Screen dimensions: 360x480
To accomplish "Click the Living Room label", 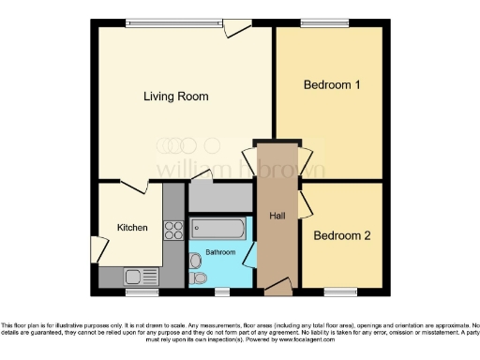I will pyautogui.click(x=175, y=97).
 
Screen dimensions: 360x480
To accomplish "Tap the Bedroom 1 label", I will pyautogui.click(x=332, y=85).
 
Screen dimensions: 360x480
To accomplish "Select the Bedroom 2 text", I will pyautogui.click(x=341, y=235).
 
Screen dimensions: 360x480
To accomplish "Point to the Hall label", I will pyautogui.click(x=277, y=216).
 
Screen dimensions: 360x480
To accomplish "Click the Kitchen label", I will pyautogui.click(x=132, y=228).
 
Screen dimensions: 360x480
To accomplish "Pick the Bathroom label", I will pyautogui.click(x=220, y=251).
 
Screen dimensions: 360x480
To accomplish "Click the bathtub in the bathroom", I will pyautogui.click(x=217, y=228).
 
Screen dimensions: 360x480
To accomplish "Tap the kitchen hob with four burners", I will pyautogui.click(x=173, y=228).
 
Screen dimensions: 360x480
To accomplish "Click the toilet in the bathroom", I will pyautogui.click(x=198, y=279).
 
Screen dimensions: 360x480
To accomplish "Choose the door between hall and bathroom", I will pyautogui.click(x=250, y=253).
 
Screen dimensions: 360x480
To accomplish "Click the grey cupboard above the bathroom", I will pyautogui.click(x=221, y=196).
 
